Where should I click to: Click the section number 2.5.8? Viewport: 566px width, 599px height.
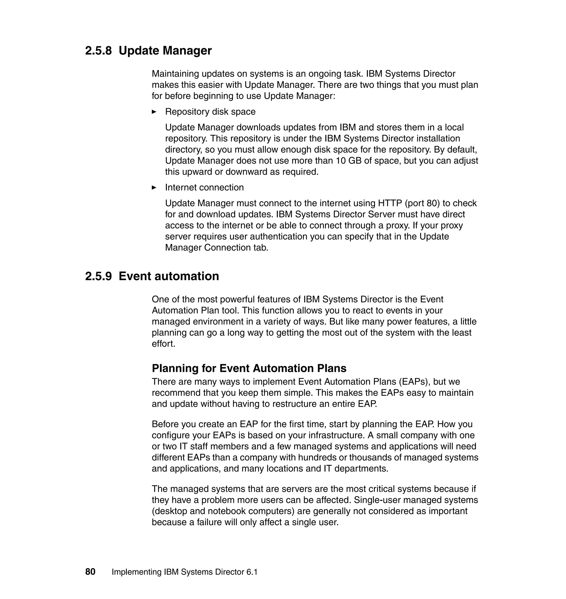98,51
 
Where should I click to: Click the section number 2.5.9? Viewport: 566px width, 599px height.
98,276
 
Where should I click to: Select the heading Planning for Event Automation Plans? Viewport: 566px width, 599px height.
249,368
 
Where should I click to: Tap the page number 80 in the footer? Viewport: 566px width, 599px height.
90,572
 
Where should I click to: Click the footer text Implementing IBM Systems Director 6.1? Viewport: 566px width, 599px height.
184,572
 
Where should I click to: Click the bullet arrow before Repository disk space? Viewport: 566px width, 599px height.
154,112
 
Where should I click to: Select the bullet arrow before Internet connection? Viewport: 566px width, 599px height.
154,188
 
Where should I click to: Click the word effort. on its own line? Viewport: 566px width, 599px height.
163,344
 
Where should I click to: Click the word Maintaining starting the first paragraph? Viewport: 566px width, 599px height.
175,74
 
